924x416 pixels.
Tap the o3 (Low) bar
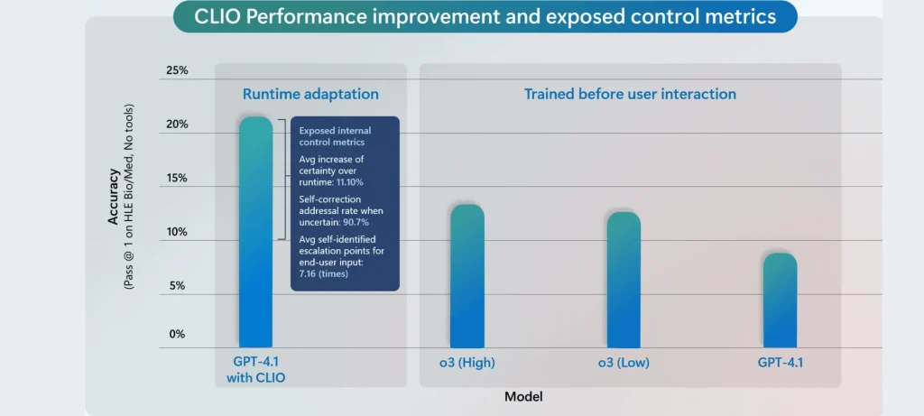[x=623, y=280]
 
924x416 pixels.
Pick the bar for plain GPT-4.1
[x=781, y=300]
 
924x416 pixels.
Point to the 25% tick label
[x=176, y=70]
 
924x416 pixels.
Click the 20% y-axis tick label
[x=176, y=124]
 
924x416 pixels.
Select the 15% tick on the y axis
[x=176, y=178]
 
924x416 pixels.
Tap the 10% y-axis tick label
[x=176, y=232]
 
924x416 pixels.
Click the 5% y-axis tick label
[x=178, y=286]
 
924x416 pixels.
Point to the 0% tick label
[x=178, y=334]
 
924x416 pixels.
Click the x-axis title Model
[x=523, y=396]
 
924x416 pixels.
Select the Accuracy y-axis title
[x=114, y=196]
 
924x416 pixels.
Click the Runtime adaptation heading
[x=310, y=94]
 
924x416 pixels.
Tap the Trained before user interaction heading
[x=630, y=94]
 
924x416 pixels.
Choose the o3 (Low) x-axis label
[x=623, y=363]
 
